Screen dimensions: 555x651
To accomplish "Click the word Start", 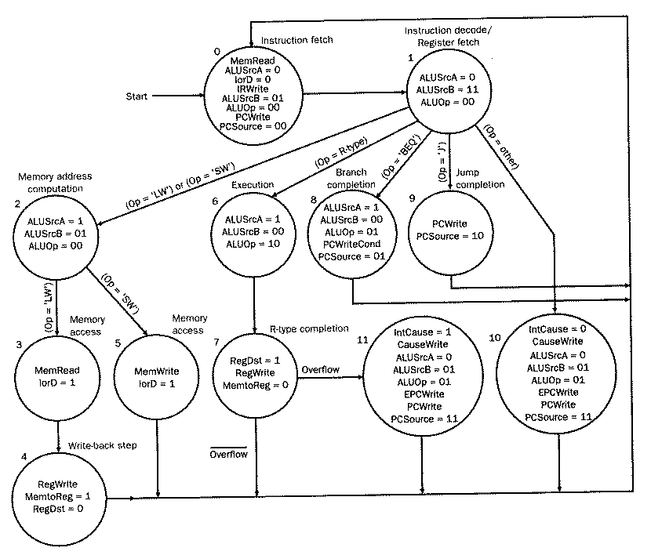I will click(137, 97).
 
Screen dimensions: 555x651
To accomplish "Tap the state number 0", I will click(217, 51).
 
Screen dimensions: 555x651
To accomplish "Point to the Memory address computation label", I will click(49, 183).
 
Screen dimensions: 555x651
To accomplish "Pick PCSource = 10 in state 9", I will click(451, 236).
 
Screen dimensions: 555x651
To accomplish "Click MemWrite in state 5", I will click(157, 371).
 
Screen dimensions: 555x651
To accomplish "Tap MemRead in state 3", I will click(59, 371).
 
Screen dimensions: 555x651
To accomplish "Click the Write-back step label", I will click(104, 445).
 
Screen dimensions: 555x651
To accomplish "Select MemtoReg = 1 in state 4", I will click(59, 497).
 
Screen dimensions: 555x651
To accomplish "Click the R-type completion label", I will click(309, 328).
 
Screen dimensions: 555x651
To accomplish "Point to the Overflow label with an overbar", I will click(229, 454).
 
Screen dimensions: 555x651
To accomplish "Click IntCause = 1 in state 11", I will click(422, 334).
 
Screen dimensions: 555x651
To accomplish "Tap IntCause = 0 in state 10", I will click(559, 331).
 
